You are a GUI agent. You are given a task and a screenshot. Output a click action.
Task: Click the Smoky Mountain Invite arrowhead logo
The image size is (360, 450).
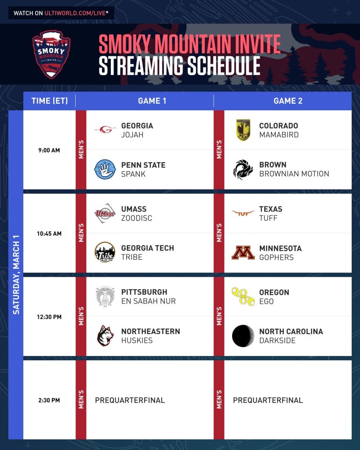coord(51,54)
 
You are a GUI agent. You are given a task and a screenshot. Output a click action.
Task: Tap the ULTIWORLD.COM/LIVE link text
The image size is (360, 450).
coord(75,13)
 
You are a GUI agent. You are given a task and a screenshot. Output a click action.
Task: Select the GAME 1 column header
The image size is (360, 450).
coord(152,101)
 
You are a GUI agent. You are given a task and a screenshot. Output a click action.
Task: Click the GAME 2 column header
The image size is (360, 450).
coord(288,101)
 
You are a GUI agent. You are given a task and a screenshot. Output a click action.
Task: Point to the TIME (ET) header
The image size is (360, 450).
coord(50,101)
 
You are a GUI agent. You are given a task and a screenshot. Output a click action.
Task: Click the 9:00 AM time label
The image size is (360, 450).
coord(49,150)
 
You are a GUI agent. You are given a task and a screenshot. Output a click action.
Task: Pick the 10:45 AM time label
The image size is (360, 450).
coord(49,234)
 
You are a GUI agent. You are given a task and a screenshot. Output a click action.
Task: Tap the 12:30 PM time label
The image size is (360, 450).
coord(49,317)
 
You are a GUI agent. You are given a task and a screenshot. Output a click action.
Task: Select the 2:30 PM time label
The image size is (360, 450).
coord(49,400)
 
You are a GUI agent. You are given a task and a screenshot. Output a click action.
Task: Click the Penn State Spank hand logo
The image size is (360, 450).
coord(105,169)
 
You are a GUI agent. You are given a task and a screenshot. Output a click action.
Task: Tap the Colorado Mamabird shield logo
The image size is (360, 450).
coord(243,130)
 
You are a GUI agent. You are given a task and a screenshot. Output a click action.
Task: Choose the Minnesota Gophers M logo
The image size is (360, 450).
coord(243,253)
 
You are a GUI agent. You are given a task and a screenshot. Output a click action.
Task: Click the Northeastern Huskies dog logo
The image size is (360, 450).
coord(105,335)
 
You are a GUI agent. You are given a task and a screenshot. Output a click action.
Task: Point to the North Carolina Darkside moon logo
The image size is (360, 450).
coord(243,336)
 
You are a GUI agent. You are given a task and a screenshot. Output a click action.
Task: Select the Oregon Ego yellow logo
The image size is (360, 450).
coord(243,296)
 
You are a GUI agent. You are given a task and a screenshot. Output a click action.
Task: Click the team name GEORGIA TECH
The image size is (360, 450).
coord(148,248)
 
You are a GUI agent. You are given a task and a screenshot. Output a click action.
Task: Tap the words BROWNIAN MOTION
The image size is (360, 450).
coord(294,174)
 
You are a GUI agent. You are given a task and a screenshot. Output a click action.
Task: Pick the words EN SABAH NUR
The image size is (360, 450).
coord(149,301)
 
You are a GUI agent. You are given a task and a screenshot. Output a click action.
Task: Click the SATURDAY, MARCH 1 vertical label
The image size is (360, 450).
coord(16,275)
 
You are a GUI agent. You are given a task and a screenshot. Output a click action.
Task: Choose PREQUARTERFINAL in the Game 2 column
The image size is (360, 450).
coord(268,400)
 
